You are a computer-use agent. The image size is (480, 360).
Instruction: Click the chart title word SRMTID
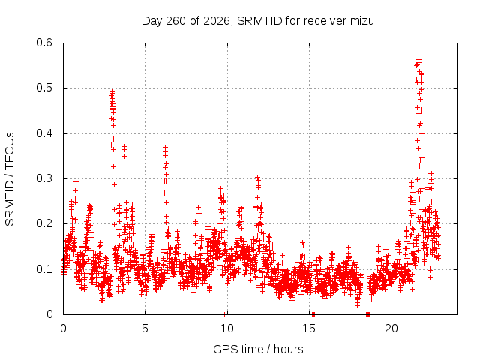[259, 21]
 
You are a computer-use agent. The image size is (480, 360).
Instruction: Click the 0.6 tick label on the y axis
[44, 43]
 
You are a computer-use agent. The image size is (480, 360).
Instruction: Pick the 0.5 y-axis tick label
[44, 88]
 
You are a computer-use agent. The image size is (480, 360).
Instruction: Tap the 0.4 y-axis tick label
[44, 133]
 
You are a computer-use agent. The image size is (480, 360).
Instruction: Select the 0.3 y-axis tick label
[44, 178]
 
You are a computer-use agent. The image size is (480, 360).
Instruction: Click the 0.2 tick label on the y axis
[44, 223]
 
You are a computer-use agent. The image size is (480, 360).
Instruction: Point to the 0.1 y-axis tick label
[44, 269]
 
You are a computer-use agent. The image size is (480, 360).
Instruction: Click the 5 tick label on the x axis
[145, 328]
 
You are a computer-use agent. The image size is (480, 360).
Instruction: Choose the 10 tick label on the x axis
[226, 328]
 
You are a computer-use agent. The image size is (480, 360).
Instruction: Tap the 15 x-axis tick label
[309, 328]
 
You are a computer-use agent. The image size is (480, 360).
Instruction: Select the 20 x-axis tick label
[391, 328]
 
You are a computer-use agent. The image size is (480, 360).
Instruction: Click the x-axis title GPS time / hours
[258, 349]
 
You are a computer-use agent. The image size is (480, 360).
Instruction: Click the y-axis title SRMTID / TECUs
[10, 179]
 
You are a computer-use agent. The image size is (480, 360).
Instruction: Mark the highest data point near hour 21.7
[418, 59]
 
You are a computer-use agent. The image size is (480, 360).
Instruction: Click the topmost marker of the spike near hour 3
[112, 91]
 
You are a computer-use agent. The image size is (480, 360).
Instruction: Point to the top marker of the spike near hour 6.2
[165, 147]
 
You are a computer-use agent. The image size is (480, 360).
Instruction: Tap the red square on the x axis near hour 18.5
[368, 314]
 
